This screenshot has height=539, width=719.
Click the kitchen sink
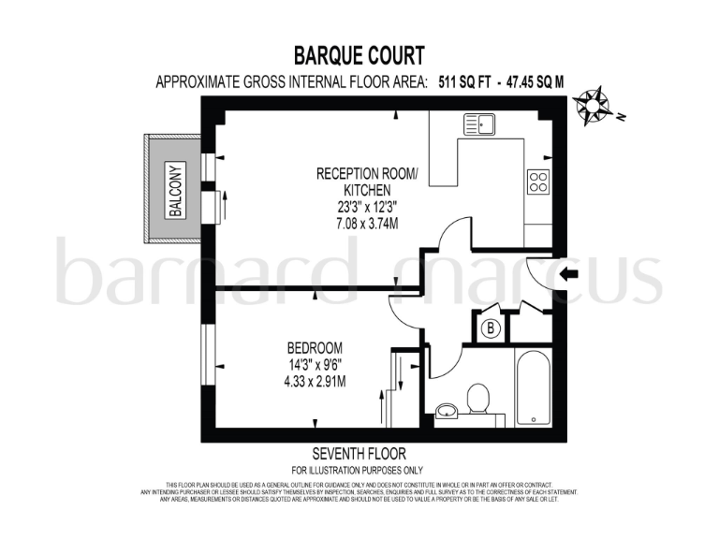click(x=479, y=124)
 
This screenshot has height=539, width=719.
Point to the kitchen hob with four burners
click(x=538, y=181)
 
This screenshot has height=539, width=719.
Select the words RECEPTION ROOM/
click(x=359, y=173)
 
